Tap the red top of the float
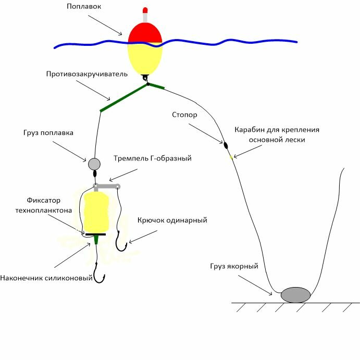(x=145, y=33)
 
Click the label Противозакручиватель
(x=86, y=75)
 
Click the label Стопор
(x=184, y=115)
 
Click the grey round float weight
(x=94, y=164)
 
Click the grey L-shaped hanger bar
(x=107, y=185)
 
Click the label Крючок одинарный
(x=172, y=220)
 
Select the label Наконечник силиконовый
(x=47, y=278)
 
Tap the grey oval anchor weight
(x=295, y=294)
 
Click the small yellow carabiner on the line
(x=231, y=155)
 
